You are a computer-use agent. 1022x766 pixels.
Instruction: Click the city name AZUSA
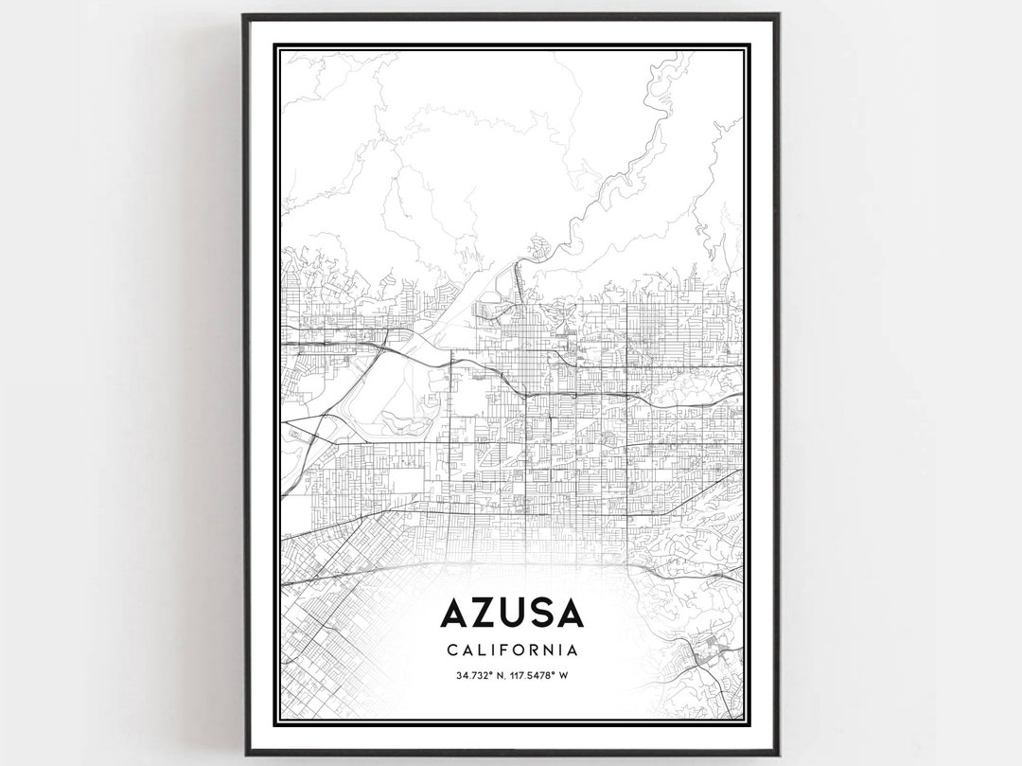512,614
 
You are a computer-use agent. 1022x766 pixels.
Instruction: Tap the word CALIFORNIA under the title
512,650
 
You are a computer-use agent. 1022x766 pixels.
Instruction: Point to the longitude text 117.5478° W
538,675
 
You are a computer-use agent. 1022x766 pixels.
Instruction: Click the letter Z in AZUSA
484,614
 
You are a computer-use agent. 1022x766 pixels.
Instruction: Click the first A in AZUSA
454,614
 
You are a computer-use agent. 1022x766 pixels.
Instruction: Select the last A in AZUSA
570,614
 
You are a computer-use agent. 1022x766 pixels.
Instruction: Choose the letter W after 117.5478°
563,675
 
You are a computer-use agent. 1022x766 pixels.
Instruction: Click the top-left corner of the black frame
244,15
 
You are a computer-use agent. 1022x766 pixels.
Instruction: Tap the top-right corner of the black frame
778,15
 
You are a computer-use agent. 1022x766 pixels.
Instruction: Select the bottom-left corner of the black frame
244,754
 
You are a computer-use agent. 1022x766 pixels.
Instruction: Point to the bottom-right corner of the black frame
778,754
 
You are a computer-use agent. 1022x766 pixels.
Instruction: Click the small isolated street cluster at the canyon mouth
538,248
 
